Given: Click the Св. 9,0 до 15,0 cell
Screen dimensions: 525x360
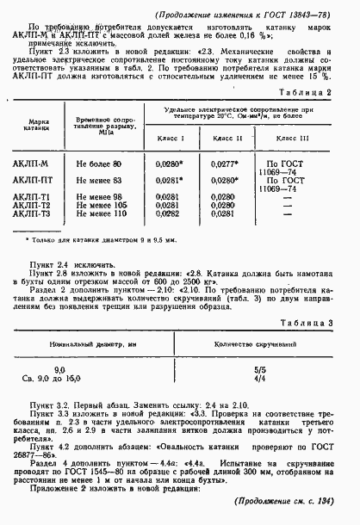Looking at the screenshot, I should click(x=84, y=376).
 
